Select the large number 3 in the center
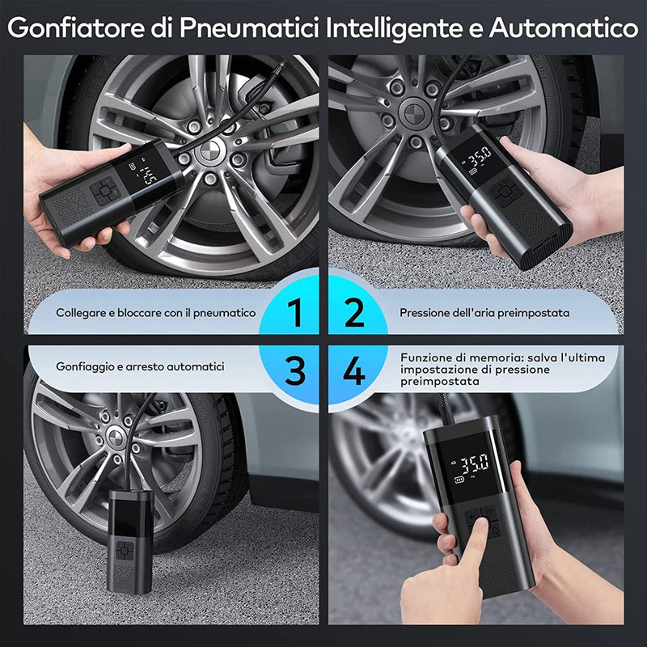coord(296,371)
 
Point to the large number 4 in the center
coord(354,371)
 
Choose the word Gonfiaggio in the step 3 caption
coord(84,367)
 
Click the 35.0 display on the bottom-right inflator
coord(474,464)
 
